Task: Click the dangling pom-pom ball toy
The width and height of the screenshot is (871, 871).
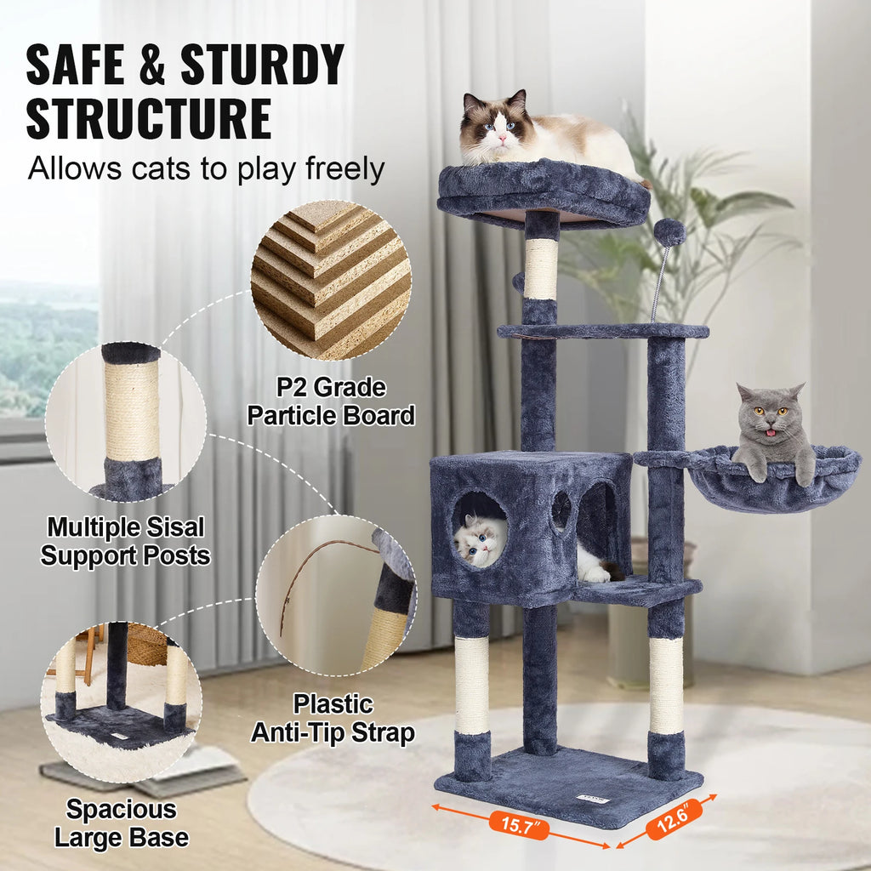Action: [669, 231]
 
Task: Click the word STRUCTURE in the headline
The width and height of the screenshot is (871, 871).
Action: [148, 118]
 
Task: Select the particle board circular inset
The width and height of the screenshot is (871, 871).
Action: [331, 280]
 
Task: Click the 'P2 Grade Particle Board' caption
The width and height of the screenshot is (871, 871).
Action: [330, 401]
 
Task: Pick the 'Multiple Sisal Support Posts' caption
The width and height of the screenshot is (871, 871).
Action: [125, 541]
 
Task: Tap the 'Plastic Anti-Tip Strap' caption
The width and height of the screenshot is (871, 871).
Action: [333, 718]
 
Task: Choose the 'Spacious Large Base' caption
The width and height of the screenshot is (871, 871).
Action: [122, 823]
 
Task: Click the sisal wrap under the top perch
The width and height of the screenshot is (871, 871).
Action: [541, 268]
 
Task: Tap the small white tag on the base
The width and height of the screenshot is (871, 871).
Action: [589, 798]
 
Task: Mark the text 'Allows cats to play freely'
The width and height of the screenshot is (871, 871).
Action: [206, 168]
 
